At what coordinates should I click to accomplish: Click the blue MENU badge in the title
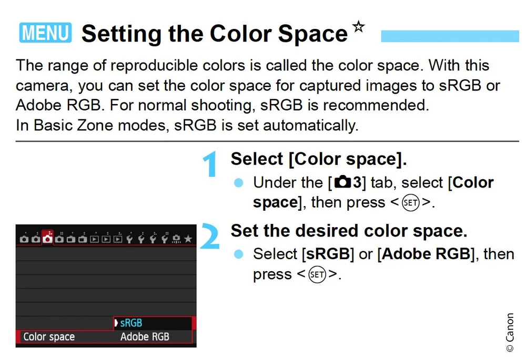(x=46, y=33)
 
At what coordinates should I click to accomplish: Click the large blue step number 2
(x=210, y=236)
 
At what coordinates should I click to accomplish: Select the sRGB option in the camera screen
(x=131, y=323)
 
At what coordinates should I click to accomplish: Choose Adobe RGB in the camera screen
(x=145, y=337)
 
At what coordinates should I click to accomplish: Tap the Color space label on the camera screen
(x=49, y=337)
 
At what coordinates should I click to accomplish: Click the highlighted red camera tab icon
(x=48, y=239)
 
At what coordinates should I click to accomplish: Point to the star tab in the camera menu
(x=188, y=239)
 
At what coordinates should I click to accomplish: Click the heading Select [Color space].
(x=319, y=159)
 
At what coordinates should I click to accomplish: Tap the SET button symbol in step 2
(x=317, y=274)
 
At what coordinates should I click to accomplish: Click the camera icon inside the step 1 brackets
(x=342, y=183)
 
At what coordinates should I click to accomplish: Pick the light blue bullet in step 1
(x=239, y=183)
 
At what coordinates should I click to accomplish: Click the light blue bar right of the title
(x=449, y=36)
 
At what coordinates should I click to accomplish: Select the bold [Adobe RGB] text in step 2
(x=426, y=254)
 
